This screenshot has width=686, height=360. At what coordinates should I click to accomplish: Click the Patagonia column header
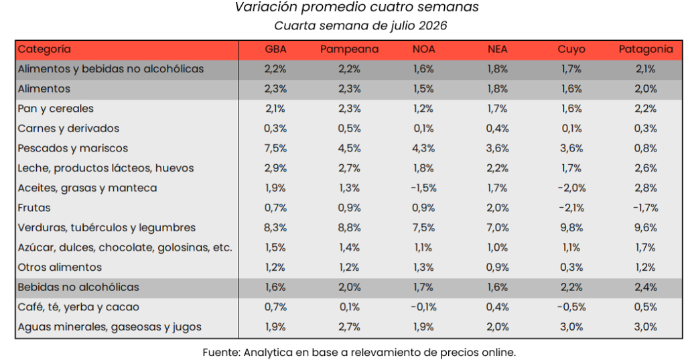pos(646,50)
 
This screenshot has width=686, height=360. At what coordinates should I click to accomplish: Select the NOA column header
pos(423,49)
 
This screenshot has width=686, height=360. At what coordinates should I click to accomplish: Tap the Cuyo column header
pos(571,50)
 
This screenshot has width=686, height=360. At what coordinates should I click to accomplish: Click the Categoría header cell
pos(44,49)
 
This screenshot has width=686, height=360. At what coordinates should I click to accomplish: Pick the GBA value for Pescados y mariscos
pos(275,148)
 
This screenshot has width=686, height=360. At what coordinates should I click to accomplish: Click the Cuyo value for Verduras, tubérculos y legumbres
pos(571,228)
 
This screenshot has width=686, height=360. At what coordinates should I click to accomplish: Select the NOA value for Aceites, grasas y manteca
pos(423,188)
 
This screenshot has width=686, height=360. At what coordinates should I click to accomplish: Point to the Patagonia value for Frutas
pos(646,208)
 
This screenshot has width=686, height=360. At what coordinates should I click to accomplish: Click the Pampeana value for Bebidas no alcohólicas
pos(349,288)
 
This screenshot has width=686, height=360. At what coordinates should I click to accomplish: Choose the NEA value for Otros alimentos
pos(498,267)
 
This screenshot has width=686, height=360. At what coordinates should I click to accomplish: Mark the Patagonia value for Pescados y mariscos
pos(646,148)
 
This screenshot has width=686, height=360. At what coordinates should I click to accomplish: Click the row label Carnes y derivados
pos(68,128)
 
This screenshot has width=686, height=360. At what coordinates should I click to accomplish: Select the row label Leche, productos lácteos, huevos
pos(105,168)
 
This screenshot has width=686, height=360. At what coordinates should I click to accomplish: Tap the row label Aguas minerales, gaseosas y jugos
pos(109,327)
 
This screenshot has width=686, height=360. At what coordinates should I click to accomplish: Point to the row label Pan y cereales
pos(56,109)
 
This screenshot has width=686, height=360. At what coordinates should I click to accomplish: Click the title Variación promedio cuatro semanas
pos(356,7)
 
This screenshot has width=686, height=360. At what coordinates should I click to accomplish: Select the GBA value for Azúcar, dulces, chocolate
pos(275,248)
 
